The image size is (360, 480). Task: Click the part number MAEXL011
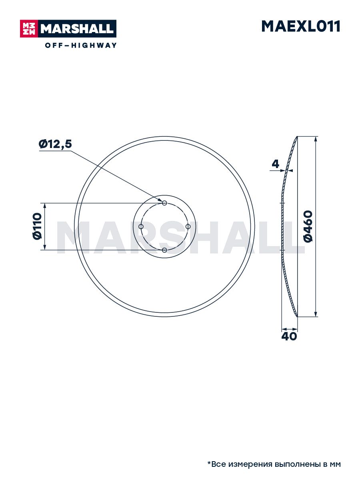pyautogui.click(x=301, y=26)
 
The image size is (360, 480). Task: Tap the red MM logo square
pyautogui.click(x=29, y=29)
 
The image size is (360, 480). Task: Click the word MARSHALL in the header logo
pyautogui.click(x=77, y=29)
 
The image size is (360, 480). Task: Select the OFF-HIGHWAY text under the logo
pyautogui.click(x=81, y=45)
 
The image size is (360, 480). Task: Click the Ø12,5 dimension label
pyautogui.click(x=55, y=144)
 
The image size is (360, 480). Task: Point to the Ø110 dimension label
pyautogui.click(x=37, y=226)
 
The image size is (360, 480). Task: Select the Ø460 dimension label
pyautogui.click(x=308, y=226)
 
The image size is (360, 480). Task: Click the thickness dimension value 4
pyautogui.click(x=276, y=164)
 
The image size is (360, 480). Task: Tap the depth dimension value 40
pyautogui.click(x=289, y=336)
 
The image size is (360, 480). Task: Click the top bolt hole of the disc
pyautogui.click(x=164, y=203)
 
